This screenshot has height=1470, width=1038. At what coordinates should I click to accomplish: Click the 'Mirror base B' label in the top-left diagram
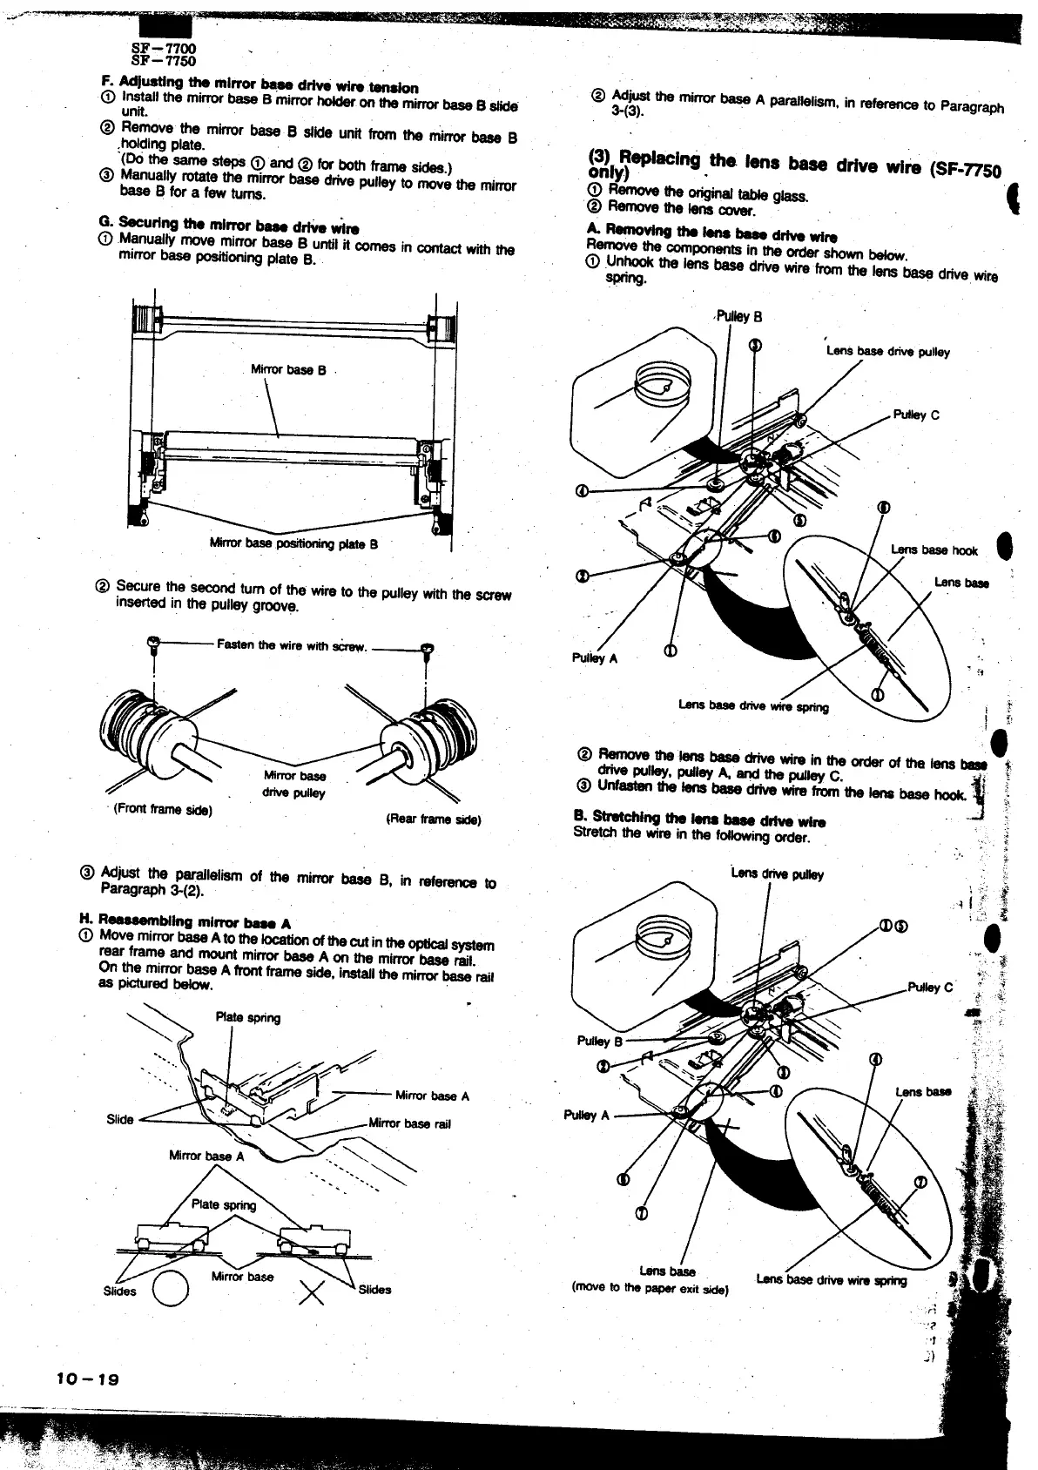click(x=288, y=369)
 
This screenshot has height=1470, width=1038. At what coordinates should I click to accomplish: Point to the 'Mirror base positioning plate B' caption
click(x=293, y=544)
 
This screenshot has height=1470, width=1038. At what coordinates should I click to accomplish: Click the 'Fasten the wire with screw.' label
click(x=293, y=646)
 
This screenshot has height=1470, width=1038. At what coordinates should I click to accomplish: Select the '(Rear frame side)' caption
click(x=433, y=820)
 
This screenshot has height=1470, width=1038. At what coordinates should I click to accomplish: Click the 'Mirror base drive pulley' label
click(x=294, y=784)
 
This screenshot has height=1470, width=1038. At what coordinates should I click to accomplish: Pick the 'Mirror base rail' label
click(x=410, y=1123)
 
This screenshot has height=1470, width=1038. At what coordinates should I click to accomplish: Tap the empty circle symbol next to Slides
click(x=171, y=1288)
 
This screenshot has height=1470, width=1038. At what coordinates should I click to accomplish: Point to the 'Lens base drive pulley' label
click(x=888, y=352)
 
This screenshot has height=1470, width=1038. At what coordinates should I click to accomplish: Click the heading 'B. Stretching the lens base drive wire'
click(x=699, y=820)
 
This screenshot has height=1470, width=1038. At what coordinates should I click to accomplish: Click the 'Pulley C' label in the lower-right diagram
click(x=930, y=987)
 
